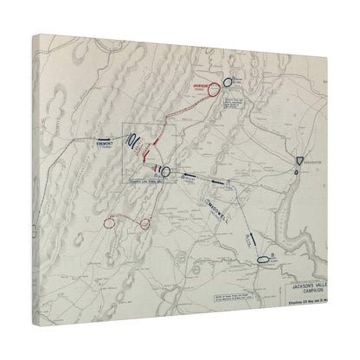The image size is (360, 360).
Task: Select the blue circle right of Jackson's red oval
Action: tap(227, 80)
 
